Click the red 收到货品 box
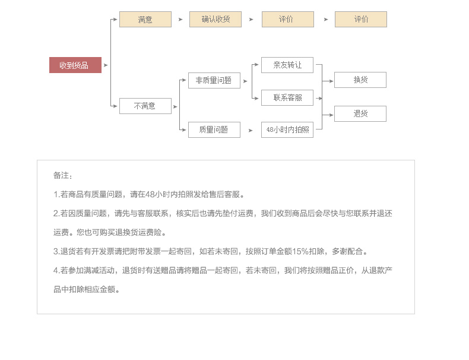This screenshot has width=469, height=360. click(75, 65)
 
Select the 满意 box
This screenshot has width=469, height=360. click(145, 20)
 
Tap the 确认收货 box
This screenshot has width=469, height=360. click(215, 20)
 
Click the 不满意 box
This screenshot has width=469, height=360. click(145, 106)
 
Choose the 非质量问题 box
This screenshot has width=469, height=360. click(214, 81)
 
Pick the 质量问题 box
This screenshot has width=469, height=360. click(214, 130)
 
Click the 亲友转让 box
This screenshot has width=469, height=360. click(287, 65)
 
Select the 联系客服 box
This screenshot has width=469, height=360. click(287, 98)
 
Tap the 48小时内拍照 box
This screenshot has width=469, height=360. click(287, 130)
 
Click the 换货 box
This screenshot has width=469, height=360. click(360, 80)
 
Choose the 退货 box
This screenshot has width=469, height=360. click(360, 113)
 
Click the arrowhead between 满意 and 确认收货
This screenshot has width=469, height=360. click(180, 20)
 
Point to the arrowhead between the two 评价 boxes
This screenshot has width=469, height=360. click(326, 20)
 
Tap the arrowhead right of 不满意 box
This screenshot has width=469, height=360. click(175, 106)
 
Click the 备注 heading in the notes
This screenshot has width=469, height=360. click(62, 175)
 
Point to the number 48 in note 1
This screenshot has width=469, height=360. click(150, 194)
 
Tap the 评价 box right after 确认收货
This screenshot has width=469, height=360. click(287, 20)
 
